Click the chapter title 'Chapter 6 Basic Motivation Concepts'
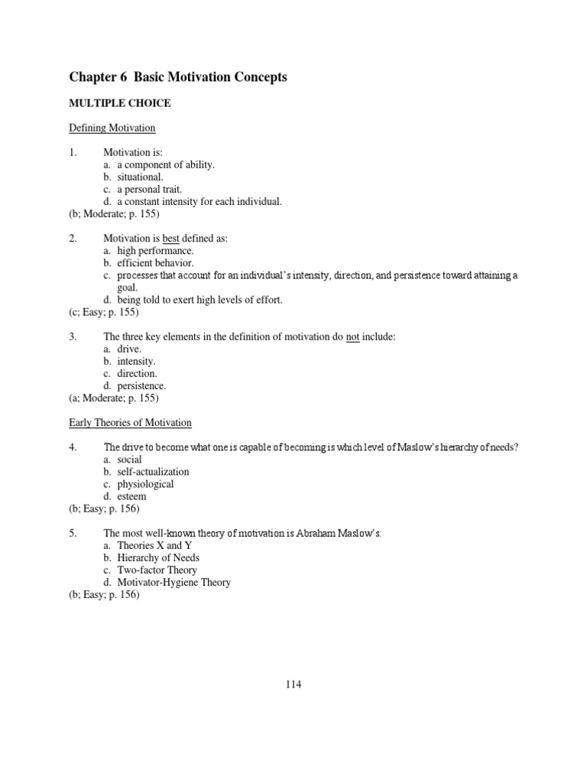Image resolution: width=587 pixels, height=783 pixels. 178,77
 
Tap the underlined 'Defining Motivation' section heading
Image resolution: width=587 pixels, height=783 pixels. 112,128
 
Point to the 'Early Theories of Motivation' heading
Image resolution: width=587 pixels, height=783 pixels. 131,423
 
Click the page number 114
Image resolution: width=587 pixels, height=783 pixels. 293,684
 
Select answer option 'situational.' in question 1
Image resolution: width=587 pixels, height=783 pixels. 141,177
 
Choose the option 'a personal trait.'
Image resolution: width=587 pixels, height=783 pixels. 150,189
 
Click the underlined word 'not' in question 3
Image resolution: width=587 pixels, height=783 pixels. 352,337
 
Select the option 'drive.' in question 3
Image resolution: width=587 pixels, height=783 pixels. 130,349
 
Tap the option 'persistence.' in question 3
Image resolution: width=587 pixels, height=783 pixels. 141,386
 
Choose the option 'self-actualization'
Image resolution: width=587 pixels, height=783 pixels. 153,472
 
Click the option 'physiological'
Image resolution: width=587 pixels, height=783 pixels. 145,484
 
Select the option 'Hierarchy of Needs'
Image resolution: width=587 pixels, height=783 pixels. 158,557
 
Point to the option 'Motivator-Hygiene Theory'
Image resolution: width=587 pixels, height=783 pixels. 174,582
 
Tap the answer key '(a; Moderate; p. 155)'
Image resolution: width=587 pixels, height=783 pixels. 114,398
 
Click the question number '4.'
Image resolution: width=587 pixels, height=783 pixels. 73,447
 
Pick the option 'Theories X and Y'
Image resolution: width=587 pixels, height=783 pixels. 150,545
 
